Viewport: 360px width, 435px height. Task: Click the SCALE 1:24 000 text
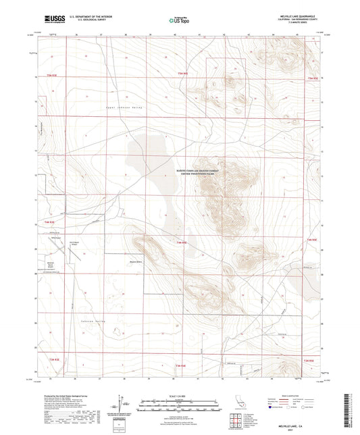(x=180, y=394)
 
